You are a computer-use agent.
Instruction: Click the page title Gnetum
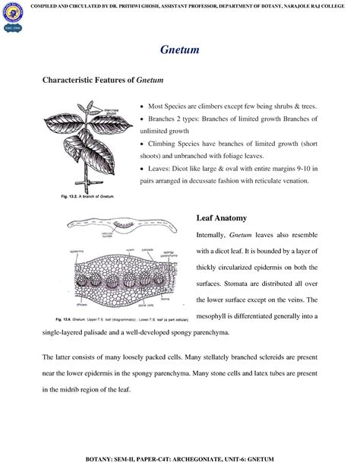(179, 49)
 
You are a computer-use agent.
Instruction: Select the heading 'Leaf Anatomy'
(223, 218)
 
